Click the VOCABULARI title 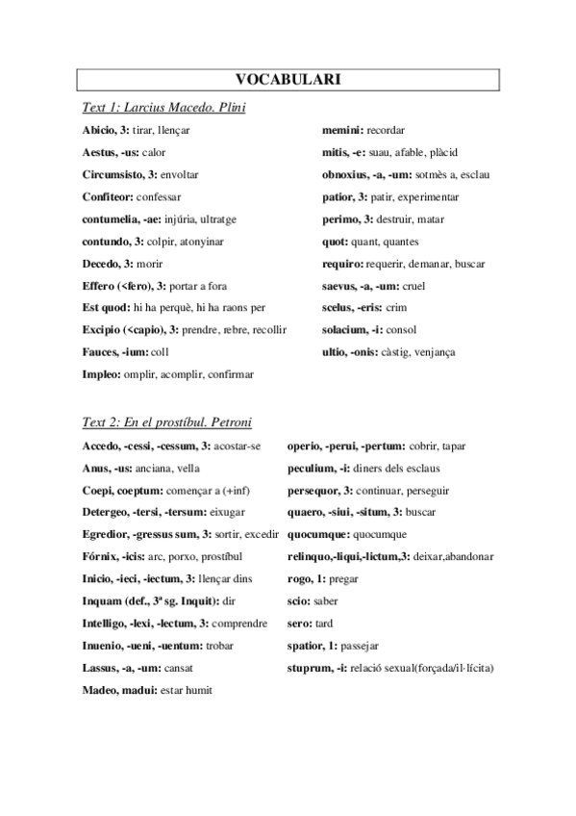(x=288, y=80)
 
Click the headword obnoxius (x=348, y=174)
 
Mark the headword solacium (x=349, y=329)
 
